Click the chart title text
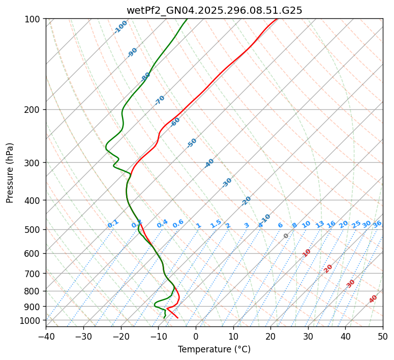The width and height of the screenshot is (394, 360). coord(214,10)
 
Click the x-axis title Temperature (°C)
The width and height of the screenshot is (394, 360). coord(214,350)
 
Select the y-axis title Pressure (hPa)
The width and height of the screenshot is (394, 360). coord(10,173)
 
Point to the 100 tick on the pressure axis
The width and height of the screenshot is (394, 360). coord(33,19)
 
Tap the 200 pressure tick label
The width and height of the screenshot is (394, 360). coord(33,110)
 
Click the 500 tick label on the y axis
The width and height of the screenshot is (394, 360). coord(33,230)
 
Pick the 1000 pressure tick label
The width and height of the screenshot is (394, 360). coord(31,320)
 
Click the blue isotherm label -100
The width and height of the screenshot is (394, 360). coord(120,27)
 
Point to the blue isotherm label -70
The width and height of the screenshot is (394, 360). coord(160,100)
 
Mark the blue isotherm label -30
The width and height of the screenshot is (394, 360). coord(227,183)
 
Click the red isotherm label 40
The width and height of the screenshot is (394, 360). coord(373,299)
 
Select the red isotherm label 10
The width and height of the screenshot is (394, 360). coord(307,253)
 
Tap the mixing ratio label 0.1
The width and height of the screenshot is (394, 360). coord(113,224)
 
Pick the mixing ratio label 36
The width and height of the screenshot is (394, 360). coord(377,224)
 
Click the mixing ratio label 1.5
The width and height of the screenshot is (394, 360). coord(216,223)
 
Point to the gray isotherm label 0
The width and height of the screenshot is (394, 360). coord(286,236)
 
